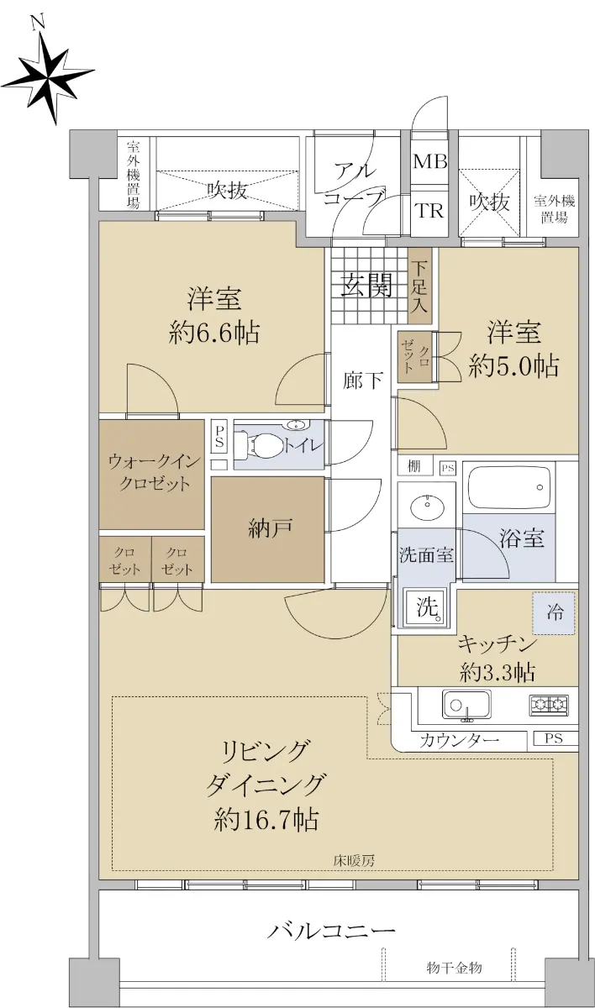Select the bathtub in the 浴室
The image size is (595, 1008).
click(509, 489)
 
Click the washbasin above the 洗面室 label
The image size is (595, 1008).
click(425, 506)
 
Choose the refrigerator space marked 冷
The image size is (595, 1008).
click(554, 613)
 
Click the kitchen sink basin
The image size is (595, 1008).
click(466, 705)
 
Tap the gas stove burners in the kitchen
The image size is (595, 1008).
click(549, 705)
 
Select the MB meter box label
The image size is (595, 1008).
click(430, 161)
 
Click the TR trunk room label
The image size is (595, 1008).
click(429, 210)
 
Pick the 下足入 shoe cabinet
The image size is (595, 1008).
click(419, 286)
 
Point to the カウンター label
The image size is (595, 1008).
click(459, 739)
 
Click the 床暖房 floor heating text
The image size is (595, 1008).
click(354, 861)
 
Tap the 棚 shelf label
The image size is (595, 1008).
click(414, 465)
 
